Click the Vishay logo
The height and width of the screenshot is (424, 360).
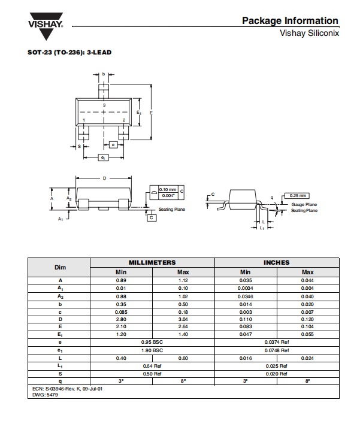(x=46, y=26)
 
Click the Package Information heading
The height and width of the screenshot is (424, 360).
(x=290, y=20)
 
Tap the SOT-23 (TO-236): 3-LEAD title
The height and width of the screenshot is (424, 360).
(x=69, y=52)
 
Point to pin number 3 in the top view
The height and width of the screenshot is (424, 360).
(x=104, y=105)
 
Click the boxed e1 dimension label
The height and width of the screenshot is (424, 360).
(x=103, y=158)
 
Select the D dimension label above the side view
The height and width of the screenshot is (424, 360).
(x=105, y=178)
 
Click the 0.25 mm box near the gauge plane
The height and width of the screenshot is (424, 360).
(x=297, y=195)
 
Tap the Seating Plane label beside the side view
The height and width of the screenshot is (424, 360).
(x=172, y=209)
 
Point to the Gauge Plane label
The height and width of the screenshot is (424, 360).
(x=304, y=204)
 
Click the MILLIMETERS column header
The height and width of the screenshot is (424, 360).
(x=152, y=262)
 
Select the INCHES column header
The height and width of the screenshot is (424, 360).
(x=277, y=262)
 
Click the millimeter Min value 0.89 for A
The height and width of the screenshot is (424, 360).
(x=121, y=280)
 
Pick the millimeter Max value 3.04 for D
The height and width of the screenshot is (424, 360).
(x=183, y=319)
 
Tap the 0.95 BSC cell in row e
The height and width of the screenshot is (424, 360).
(x=152, y=342)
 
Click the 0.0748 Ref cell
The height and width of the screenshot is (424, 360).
(x=277, y=350)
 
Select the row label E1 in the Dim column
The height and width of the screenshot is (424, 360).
(x=60, y=335)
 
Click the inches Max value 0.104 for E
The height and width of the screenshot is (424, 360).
(x=307, y=326)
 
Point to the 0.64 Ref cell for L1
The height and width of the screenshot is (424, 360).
(x=152, y=366)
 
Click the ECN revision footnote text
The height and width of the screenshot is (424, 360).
(x=67, y=389)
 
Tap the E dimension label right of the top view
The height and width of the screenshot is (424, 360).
(x=151, y=113)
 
